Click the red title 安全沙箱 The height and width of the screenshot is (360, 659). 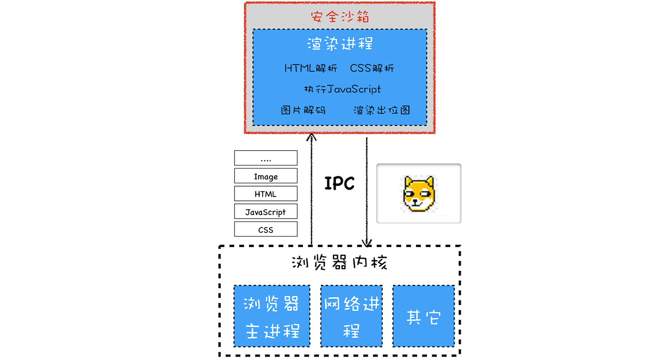[x=339, y=17]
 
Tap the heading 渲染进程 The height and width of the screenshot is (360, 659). [x=339, y=44]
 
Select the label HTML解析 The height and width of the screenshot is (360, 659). [x=311, y=68]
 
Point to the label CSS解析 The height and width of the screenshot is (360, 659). [x=372, y=68]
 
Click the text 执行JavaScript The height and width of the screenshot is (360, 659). [x=342, y=89]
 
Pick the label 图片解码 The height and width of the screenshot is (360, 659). [x=303, y=110]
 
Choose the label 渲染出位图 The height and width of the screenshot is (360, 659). [x=382, y=110]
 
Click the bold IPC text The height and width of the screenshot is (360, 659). [x=339, y=183]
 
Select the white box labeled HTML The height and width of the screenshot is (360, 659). [x=266, y=194]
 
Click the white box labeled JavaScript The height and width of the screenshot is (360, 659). [x=266, y=212]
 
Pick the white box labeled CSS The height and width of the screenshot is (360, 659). [x=266, y=230]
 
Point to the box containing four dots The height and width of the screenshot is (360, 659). [x=266, y=158]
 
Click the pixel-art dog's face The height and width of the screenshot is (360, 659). [x=418, y=194]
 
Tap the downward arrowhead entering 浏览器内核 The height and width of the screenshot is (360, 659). [x=367, y=242]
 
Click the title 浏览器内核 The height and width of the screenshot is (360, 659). [x=339, y=262]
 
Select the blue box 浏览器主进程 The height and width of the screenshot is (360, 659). [x=272, y=316]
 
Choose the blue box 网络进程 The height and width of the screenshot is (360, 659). [x=351, y=316]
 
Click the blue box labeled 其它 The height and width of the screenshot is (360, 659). [x=424, y=316]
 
